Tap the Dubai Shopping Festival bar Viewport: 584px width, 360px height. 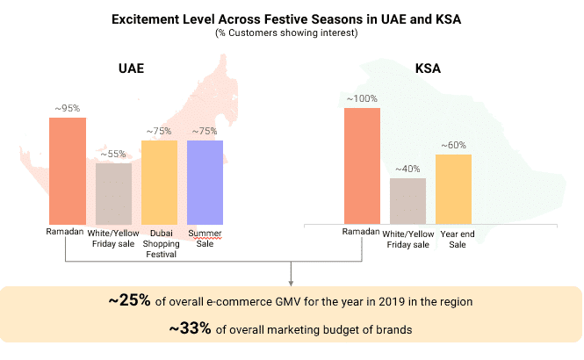tap(159, 182)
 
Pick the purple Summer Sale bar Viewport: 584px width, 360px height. tap(205, 182)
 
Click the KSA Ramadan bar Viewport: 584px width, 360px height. tap(362, 165)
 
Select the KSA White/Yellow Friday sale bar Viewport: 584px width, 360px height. tap(407, 200)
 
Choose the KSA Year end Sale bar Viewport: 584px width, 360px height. tap(453, 189)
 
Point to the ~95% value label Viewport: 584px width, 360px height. tap(67, 109)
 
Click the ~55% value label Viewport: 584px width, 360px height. tap(113, 155)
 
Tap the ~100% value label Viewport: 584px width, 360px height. tap(362, 99)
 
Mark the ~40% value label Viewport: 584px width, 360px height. tap(407, 169)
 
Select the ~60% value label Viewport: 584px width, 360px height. tap(453, 146)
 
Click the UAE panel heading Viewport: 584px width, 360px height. tap(133, 69)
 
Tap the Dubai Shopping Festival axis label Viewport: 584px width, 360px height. tap(159, 243)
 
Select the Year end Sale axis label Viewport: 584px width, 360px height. tap(453, 238)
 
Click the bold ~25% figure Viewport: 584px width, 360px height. tap(130, 301)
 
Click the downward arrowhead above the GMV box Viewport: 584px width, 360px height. tap(291, 281)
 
